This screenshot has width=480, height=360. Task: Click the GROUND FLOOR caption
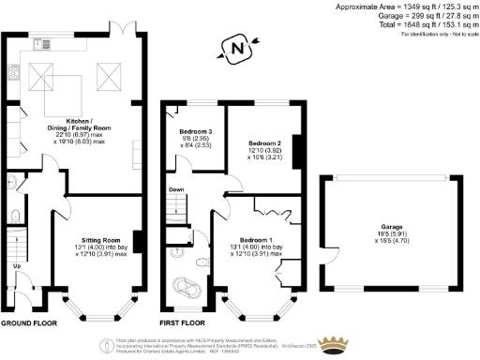27,322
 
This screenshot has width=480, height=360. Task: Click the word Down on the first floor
175,188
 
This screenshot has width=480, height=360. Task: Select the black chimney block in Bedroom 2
295,151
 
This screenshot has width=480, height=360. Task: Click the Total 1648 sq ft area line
427,25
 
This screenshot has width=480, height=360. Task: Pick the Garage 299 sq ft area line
427,16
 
